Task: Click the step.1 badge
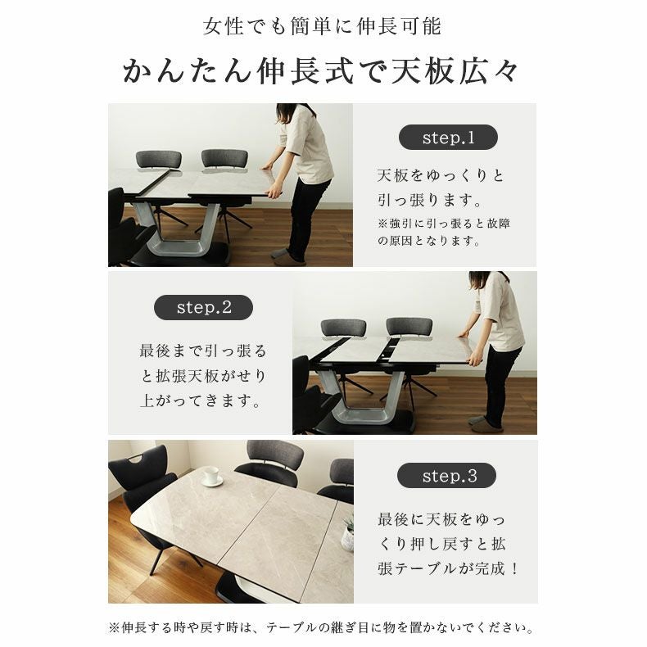point(447,138)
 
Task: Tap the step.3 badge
point(447,476)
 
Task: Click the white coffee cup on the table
point(211,475)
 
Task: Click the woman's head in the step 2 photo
point(479,280)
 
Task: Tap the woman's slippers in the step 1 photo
point(288,257)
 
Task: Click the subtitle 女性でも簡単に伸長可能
point(322,26)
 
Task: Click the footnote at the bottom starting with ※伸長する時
point(322,629)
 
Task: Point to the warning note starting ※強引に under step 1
point(443,232)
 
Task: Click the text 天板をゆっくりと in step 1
point(441,176)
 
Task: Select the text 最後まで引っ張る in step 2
point(203,351)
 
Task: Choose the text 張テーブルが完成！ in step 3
point(448,568)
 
